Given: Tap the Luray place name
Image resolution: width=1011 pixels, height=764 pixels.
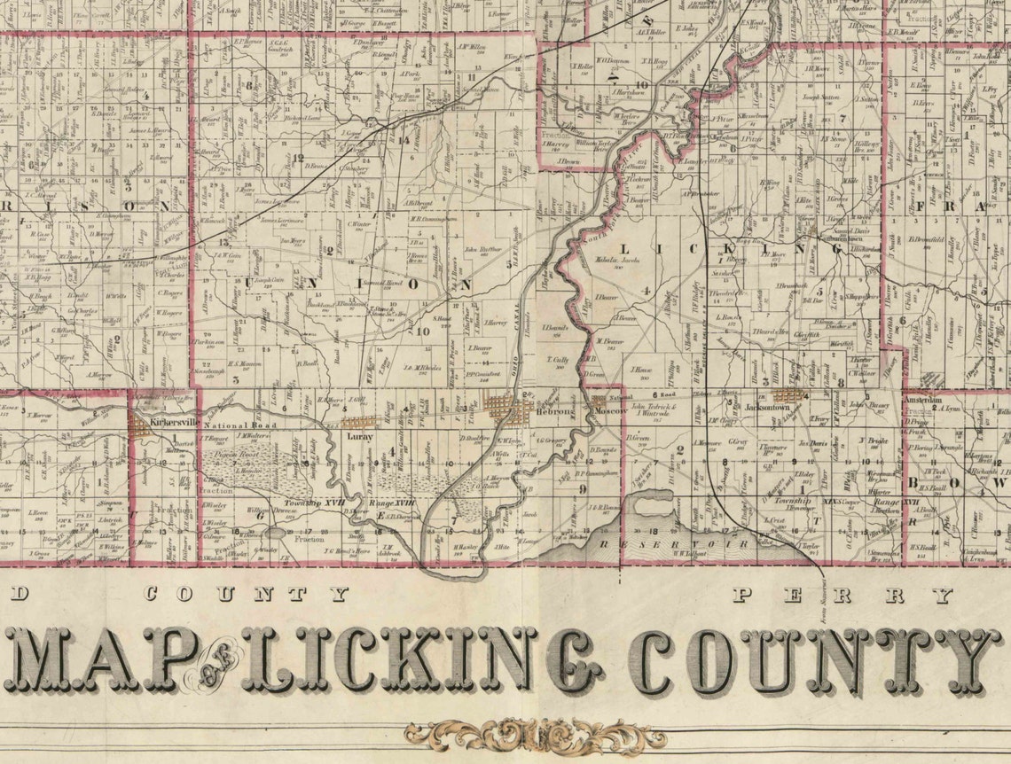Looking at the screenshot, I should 360,437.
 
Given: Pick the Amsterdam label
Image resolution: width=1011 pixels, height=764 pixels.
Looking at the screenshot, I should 923,401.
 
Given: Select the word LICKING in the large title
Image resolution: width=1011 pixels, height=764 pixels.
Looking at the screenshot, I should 417,660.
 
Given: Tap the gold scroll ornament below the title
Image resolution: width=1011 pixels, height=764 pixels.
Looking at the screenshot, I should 534,735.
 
